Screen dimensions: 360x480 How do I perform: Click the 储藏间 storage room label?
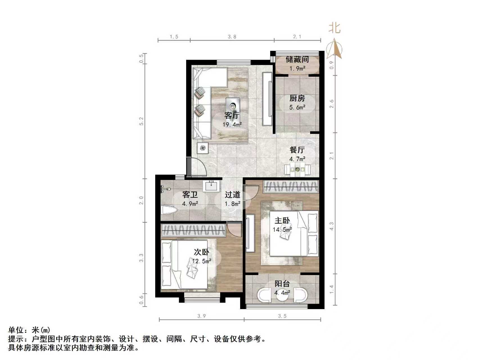point(297,59)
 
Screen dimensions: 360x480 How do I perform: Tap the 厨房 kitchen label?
point(297,98)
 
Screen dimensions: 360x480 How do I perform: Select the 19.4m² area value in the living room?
point(232,124)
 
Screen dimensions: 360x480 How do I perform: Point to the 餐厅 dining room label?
point(297,150)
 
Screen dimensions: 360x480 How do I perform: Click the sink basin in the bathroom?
point(211,186)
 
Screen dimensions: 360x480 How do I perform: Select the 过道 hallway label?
point(233,194)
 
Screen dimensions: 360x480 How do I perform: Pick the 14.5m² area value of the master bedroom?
point(282,229)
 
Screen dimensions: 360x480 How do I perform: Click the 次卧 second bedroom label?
point(201,252)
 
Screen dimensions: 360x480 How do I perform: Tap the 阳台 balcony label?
point(282,283)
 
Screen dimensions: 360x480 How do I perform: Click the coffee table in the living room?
point(233,105)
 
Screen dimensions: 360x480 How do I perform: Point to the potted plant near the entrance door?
point(203,148)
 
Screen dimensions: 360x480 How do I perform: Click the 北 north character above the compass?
point(335,28)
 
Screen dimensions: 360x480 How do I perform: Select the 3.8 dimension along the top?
point(232,37)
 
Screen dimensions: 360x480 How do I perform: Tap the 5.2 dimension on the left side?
point(141,121)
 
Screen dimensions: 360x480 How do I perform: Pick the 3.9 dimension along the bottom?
point(201,316)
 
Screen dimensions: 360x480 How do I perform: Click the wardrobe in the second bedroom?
point(193,230)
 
